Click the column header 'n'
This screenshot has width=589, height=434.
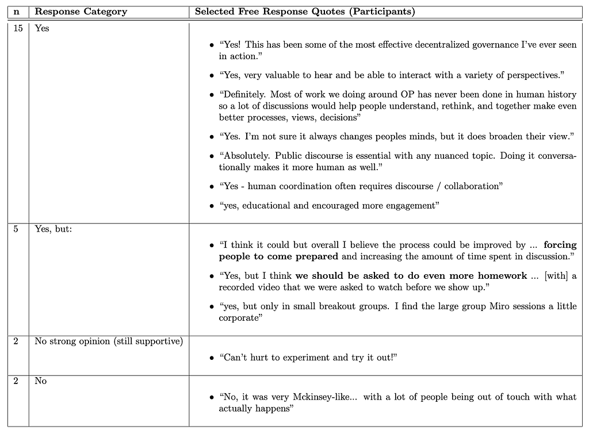(x=17, y=11)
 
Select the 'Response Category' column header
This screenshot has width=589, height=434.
(x=81, y=11)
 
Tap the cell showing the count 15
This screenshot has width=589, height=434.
(x=17, y=28)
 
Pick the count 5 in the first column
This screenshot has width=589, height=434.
(x=16, y=229)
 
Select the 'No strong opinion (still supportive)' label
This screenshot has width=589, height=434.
(x=109, y=341)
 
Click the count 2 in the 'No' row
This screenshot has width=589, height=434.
(x=16, y=381)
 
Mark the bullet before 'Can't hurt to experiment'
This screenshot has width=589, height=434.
(x=212, y=358)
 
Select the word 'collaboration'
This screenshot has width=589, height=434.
(x=475, y=186)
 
